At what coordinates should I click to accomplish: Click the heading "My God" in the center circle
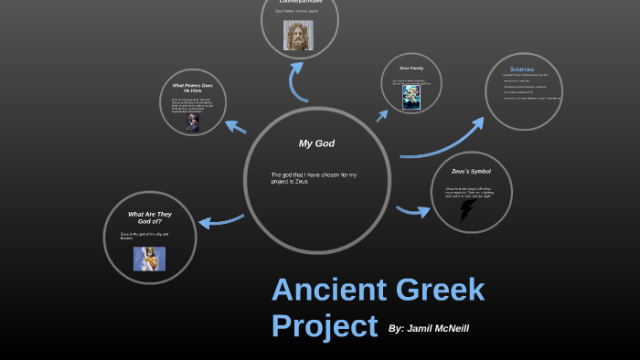[x=317, y=143]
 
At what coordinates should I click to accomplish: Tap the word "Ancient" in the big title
[x=328, y=291]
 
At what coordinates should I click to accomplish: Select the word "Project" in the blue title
[x=324, y=325]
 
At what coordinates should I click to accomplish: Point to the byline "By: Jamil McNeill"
[x=429, y=328]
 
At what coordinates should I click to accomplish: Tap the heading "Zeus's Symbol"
[x=471, y=172]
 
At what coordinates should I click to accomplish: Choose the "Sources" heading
[x=522, y=69]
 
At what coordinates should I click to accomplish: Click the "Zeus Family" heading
[x=411, y=69]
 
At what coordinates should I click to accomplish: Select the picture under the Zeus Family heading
[x=411, y=98]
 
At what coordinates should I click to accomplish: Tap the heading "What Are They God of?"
[x=150, y=217]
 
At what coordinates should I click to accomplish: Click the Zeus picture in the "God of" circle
[x=149, y=259]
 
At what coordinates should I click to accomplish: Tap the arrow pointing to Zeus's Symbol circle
[x=413, y=212]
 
